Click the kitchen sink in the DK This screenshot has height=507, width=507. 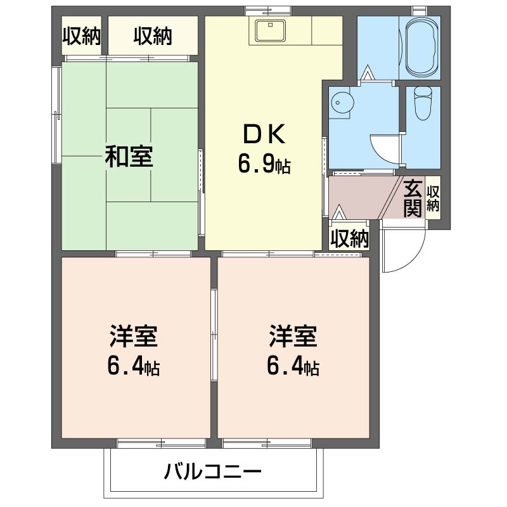click(x=271, y=30)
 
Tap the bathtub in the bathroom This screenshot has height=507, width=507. click(x=420, y=47)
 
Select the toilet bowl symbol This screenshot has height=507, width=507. click(x=423, y=103)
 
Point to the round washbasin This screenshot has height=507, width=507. click(x=343, y=103)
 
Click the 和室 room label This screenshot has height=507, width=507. click(x=129, y=157)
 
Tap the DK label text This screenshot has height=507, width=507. click(x=264, y=134)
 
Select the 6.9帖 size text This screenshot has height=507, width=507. click(x=264, y=164)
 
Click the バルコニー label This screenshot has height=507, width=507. click(x=212, y=472)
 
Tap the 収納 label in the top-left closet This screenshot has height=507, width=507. click(x=82, y=35)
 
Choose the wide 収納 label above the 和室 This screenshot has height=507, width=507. click(x=153, y=35)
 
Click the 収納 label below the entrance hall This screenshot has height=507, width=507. click(x=349, y=239)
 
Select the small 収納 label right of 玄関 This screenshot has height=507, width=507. click(x=433, y=198)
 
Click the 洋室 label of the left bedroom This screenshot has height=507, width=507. click(x=133, y=336)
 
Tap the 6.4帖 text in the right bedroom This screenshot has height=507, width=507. click(x=293, y=367)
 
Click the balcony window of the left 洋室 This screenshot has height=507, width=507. click(x=161, y=444)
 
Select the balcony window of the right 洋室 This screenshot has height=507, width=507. click(x=267, y=444)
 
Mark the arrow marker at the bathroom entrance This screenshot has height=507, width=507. click(x=368, y=72)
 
